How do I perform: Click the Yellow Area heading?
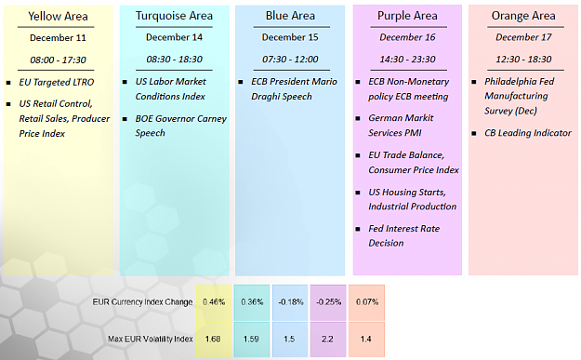pos(58,17)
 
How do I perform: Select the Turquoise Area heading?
pos(174,16)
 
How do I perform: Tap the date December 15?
pos(290,37)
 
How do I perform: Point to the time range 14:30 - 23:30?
pos(407,59)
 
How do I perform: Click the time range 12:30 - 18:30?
pos(523,59)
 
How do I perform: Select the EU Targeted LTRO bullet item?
pos(57,82)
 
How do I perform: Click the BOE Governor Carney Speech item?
pos(181,126)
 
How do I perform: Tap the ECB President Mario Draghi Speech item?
pos(294,89)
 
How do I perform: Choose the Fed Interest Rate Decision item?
pos(403,235)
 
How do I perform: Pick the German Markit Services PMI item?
pos(401,126)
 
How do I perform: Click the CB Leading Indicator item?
pos(528,133)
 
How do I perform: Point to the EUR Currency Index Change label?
pos(142,301)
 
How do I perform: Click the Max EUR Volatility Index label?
pos(151,339)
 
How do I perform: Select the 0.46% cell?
pos(214,302)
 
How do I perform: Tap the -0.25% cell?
pos(329,302)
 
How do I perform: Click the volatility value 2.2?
pos(327,340)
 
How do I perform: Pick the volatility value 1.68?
pos(213,340)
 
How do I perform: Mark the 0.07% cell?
pos(367,302)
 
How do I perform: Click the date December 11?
pos(58,38)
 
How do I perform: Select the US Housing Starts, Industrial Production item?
pos(412,199)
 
